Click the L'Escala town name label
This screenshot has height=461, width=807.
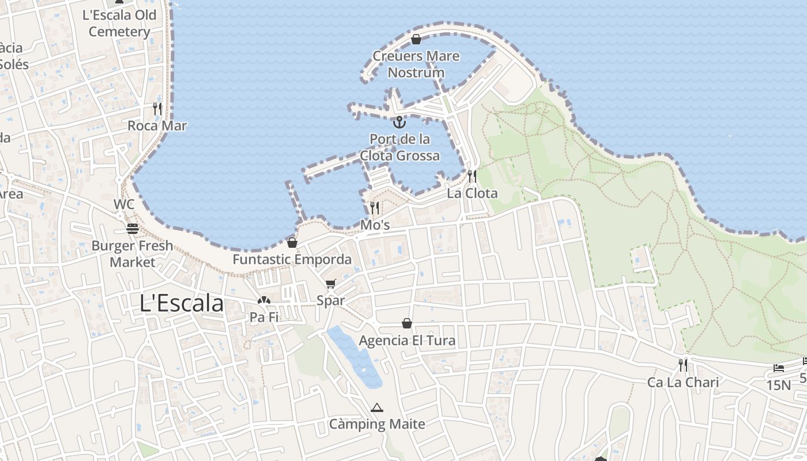[182, 303]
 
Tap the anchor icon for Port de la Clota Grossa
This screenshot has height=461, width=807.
[399, 122]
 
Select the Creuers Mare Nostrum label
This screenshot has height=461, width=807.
[416, 64]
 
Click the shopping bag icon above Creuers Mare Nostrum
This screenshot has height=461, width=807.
[416, 39]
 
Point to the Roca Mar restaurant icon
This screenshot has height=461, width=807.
[157, 108]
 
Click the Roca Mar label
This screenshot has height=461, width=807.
[157, 126]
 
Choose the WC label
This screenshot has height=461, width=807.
[124, 204]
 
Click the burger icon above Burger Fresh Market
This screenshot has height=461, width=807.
[133, 229]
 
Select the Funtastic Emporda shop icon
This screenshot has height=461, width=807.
[292, 243]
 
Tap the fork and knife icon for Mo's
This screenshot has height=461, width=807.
[375, 207]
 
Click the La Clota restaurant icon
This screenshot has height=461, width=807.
[472, 176]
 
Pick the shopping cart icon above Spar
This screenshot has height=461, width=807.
[330, 284]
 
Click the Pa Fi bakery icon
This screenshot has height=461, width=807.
[264, 300]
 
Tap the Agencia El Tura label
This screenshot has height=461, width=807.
[407, 341]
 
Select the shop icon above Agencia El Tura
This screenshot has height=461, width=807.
[407, 323]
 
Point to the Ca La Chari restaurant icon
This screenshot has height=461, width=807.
[683, 365]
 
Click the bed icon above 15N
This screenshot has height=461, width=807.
[779, 368]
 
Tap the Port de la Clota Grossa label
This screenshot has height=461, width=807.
[400, 148]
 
